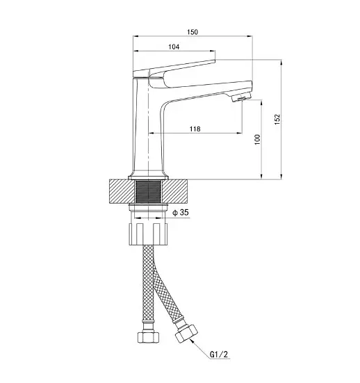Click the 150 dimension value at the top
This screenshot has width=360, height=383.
[193, 32]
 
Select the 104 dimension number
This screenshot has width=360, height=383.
[174, 47]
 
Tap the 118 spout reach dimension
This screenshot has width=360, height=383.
[195, 129]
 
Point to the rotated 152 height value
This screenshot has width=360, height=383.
[277, 119]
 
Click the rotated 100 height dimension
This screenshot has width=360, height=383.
[257, 140]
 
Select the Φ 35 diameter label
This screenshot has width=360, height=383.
[181, 212]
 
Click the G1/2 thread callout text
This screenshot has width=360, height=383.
[219, 354]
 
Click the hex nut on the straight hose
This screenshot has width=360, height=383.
[149, 337]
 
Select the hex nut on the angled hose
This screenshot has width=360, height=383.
[186, 334]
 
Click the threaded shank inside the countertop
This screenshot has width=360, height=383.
[148, 192]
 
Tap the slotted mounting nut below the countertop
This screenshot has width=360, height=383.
[148, 234]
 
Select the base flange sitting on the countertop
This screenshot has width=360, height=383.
[148, 177]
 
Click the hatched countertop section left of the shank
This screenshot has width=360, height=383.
[122, 191]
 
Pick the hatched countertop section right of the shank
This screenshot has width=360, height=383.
[175, 191]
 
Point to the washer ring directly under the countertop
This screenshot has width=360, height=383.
[148, 207]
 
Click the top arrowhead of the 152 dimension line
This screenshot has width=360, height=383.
[281, 62]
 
